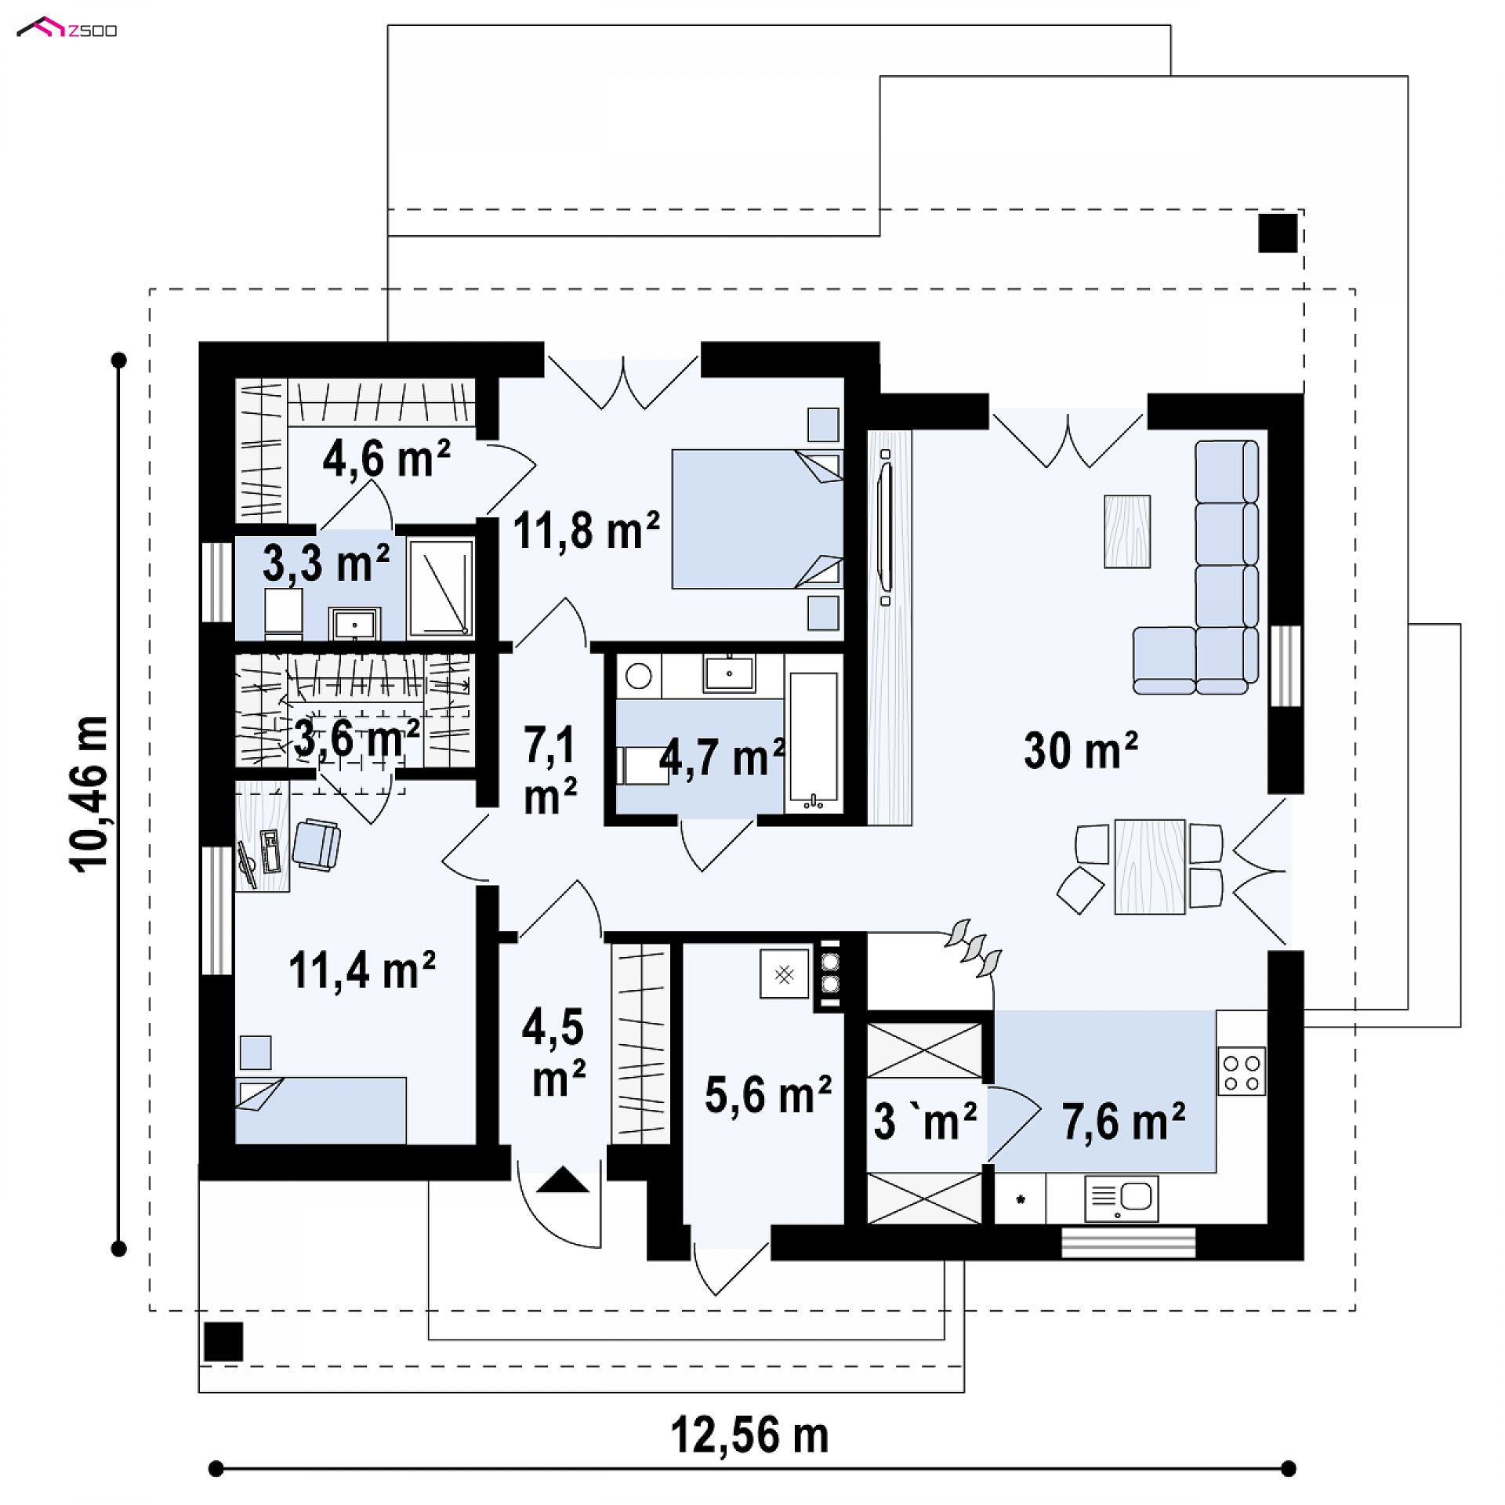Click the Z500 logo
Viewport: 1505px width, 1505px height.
tap(67, 29)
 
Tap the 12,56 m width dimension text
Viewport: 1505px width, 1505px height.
tap(749, 1437)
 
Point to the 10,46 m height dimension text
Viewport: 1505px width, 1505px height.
tap(89, 794)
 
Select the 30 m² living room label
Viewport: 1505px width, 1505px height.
tap(1080, 749)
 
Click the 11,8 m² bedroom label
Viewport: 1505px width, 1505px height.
tap(586, 531)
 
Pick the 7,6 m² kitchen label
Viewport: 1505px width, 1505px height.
tap(1123, 1121)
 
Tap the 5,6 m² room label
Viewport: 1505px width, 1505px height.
tap(768, 1094)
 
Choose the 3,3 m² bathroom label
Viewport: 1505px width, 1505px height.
tap(326, 563)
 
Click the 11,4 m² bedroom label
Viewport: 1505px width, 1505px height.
tap(362, 970)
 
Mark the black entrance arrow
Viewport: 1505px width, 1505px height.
tap(563, 1180)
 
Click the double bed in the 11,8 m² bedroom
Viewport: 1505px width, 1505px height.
tap(757, 519)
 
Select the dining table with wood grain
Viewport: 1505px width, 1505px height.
tap(1150, 867)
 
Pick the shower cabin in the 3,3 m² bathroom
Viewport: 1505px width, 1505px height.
tap(441, 586)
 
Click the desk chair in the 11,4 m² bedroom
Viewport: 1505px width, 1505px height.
tap(317, 844)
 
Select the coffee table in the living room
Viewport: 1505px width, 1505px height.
tap(1127, 531)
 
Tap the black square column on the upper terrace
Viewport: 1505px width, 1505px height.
tap(1278, 233)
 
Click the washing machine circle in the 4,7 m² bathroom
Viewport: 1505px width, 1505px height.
tap(639, 676)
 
